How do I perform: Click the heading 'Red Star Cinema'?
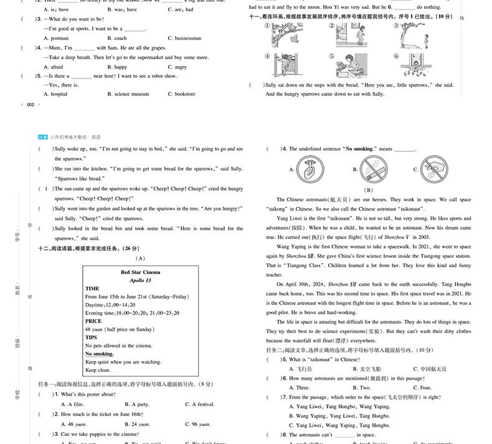coord(140,272)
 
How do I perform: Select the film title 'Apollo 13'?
coord(140,280)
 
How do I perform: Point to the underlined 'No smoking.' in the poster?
coord(99,353)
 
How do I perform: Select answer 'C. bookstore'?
coord(181,94)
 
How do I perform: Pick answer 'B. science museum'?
coord(128,94)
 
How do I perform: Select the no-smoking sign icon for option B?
coord(374,168)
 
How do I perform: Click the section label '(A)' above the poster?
coord(140,258)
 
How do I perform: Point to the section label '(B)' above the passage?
coord(368,190)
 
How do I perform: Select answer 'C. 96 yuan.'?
coord(197,423)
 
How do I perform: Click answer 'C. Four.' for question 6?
coord(423,387)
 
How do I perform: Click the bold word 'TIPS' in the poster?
coord(91,337)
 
